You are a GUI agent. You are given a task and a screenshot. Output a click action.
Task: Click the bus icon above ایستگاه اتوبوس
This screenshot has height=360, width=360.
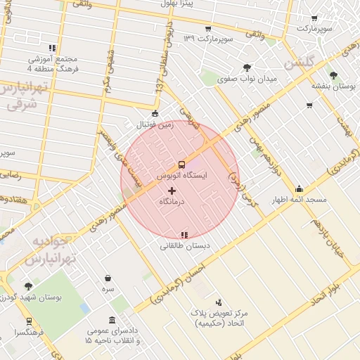coord(182,165)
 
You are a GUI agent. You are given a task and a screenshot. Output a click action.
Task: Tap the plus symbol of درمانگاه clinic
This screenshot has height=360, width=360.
coord(172,191)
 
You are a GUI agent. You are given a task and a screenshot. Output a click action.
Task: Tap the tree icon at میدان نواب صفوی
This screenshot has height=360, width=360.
coord(247,67)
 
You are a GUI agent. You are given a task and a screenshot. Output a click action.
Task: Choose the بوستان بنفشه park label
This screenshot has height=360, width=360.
coord(333,85)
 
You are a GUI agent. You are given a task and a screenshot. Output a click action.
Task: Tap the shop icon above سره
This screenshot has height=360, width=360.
coord(108,278)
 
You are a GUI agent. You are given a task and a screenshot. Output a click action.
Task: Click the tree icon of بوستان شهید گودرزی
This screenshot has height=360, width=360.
coord(28,286)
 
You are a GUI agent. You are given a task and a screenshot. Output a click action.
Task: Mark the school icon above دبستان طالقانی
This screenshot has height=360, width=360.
coord(184,235)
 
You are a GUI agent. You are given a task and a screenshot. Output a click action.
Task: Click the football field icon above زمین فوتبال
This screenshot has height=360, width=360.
coord(155,112)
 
